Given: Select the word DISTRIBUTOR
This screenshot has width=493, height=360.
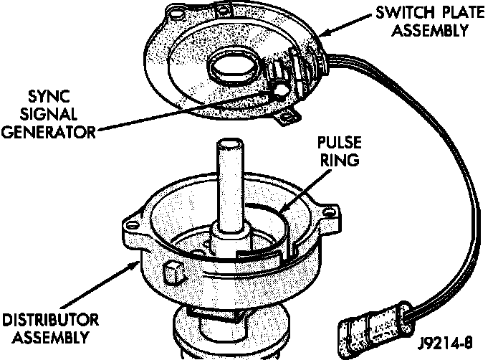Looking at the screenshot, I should [x=50, y=319].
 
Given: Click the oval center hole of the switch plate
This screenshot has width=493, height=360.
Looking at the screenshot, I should [x=230, y=70].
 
